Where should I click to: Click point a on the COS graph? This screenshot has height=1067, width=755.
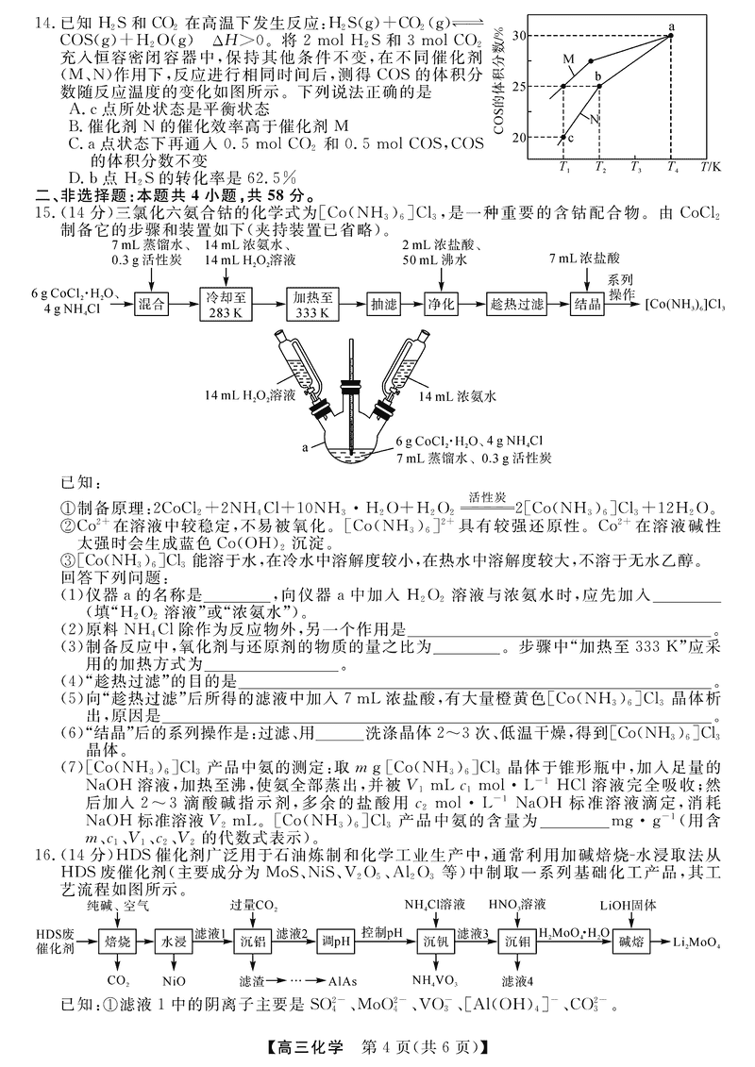tap(672, 35)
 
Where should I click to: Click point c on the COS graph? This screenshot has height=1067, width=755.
tap(563, 138)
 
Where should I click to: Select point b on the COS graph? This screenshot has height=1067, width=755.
tap(599, 86)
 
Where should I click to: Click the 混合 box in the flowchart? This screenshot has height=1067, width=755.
tap(152, 304)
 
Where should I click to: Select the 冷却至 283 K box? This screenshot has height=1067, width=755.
tap(229, 304)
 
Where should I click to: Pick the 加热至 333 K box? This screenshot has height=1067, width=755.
tap(313, 304)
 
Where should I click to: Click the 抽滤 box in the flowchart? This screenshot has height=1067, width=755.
tap(384, 304)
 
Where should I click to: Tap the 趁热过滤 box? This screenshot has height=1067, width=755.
tap(517, 304)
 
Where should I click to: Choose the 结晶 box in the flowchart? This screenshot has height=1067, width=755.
tap(588, 304)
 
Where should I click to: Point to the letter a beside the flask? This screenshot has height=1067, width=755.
tap(306, 448)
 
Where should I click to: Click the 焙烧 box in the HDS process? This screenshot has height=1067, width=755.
tap(118, 942)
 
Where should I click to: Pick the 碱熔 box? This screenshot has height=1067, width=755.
tap(630, 942)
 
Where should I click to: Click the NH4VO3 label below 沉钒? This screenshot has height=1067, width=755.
tap(435, 980)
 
